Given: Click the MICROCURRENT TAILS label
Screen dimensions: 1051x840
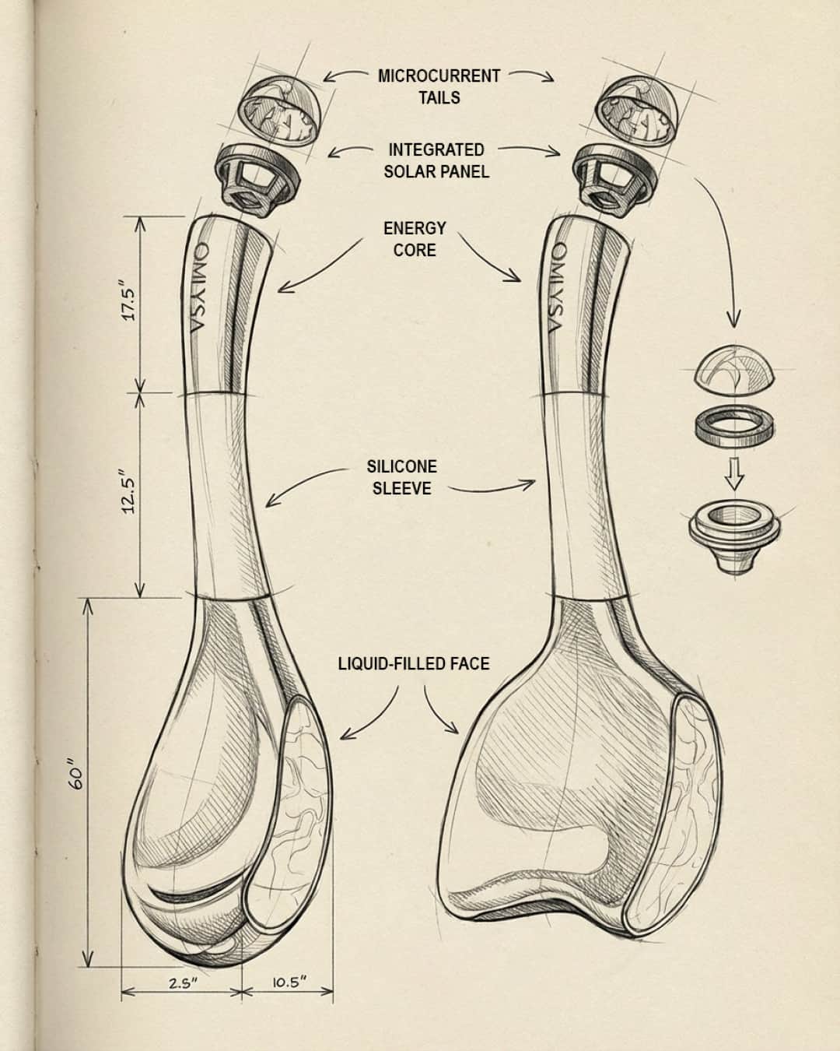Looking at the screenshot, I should (439, 86).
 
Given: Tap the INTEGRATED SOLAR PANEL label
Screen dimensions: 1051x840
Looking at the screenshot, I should (436, 160).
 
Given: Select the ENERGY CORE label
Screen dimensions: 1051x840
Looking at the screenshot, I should (415, 238).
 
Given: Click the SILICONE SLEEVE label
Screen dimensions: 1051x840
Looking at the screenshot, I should (401, 476).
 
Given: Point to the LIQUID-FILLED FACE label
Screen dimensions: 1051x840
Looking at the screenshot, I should (414, 663).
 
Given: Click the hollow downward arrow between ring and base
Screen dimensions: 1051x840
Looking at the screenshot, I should (731, 474).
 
